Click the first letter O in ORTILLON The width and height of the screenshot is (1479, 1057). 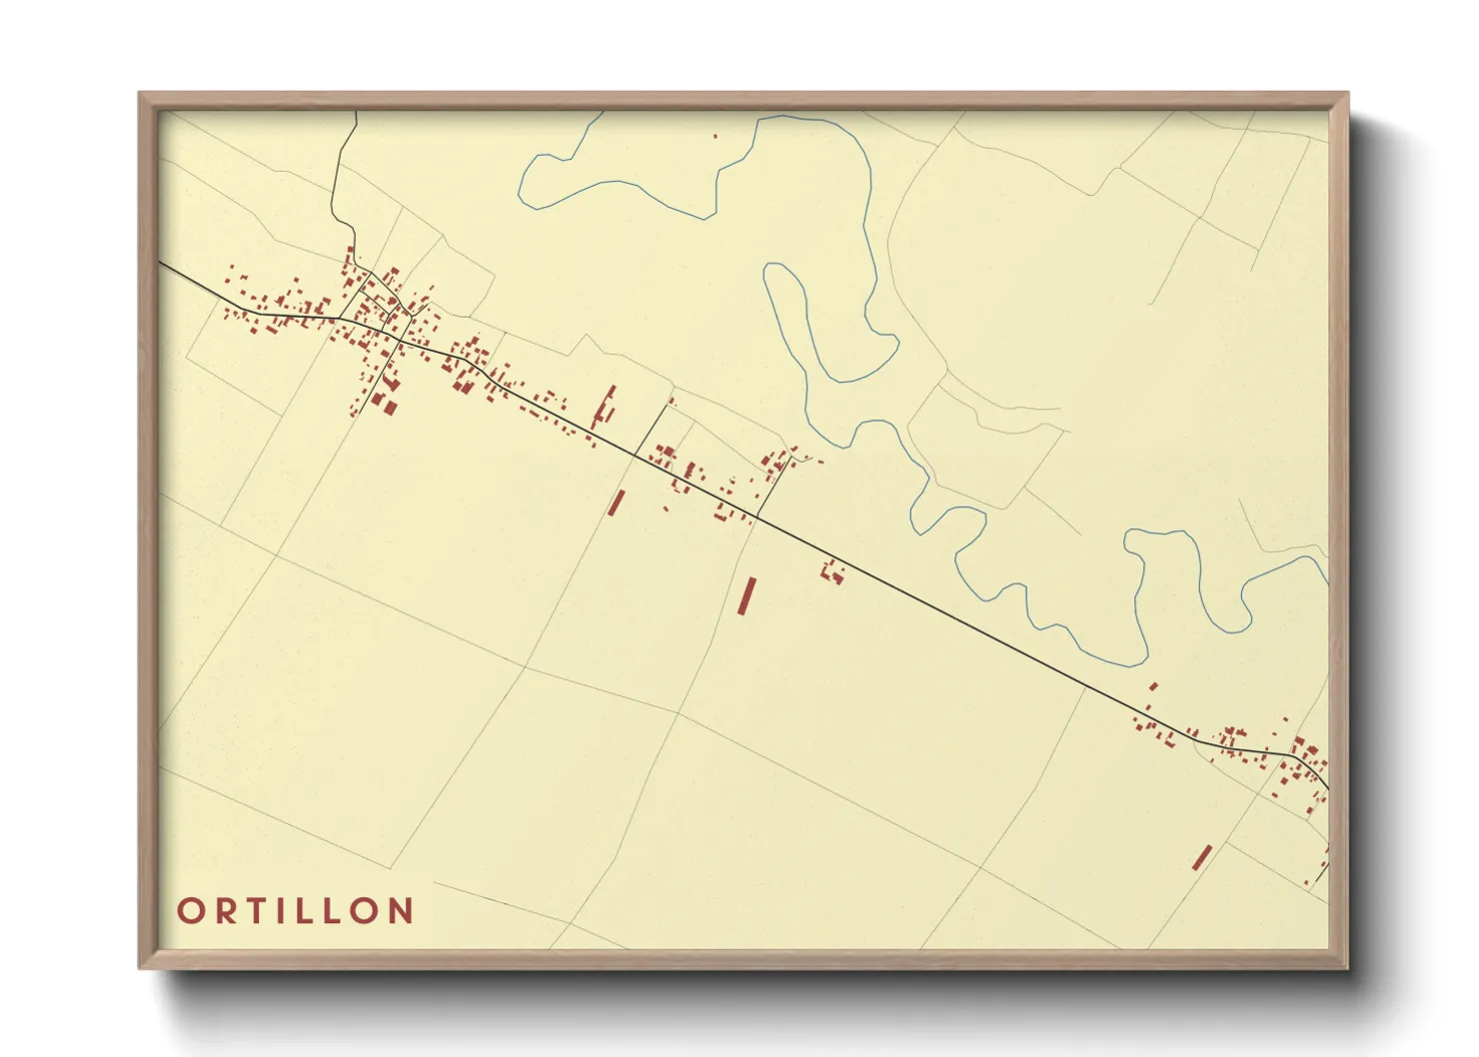point(190,911)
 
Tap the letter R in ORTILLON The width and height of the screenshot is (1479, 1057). point(225,911)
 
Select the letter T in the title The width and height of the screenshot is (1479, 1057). point(258,911)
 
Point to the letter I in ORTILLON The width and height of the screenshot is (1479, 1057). point(284,911)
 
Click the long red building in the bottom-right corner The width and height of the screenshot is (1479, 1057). point(1201,857)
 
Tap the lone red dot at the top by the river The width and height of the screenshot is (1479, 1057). point(716,135)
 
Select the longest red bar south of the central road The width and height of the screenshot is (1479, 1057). point(745,595)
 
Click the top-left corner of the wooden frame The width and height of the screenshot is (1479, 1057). point(140,94)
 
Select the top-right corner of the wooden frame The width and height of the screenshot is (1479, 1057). point(1347,94)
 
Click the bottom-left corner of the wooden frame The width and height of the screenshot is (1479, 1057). point(140,968)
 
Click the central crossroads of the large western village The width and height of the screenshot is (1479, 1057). point(399,338)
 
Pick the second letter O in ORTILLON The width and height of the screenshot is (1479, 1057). point(370,911)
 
